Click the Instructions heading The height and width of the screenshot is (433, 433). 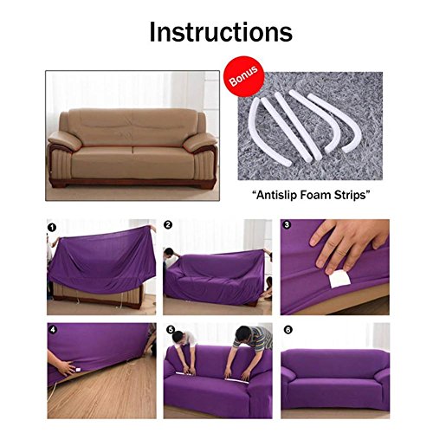(x=221, y=32)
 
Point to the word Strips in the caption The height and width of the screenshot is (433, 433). (x=350, y=196)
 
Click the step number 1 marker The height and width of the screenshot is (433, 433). (x=52, y=228)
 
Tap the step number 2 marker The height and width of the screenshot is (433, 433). (x=168, y=225)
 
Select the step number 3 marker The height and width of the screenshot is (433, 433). (x=287, y=224)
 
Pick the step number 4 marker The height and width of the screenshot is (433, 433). (x=53, y=329)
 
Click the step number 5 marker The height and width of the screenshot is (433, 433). (x=171, y=330)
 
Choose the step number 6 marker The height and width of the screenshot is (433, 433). (x=288, y=330)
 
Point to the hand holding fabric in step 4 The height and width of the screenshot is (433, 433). (x=62, y=365)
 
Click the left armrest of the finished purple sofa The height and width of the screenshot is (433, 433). (x=289, y=374)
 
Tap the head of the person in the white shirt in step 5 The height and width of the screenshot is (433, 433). (x=178, y=336)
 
